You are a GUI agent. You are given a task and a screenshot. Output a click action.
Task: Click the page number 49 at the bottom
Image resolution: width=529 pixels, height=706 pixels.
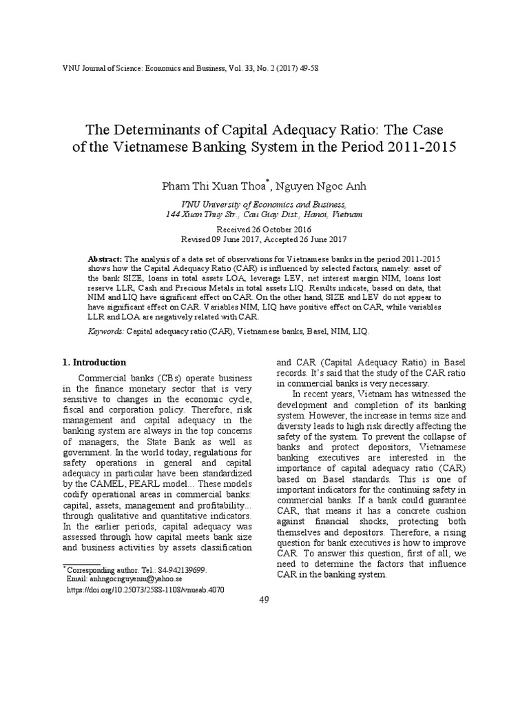[264, 599]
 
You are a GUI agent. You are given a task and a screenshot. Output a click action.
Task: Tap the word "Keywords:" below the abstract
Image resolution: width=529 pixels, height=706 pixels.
[106, 331]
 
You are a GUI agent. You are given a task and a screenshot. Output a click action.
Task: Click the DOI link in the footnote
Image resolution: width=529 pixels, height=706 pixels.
[145, 590]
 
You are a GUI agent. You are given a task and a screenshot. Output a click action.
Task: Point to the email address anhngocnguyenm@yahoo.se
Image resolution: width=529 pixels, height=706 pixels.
[130, 581]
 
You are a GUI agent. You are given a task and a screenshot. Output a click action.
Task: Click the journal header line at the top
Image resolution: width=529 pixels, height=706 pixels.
[181, 68]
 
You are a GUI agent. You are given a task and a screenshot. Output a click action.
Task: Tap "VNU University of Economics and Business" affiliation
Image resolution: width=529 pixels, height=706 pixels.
[264, 205]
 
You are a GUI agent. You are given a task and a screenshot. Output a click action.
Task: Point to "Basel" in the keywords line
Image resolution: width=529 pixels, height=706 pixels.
[310, 331]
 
